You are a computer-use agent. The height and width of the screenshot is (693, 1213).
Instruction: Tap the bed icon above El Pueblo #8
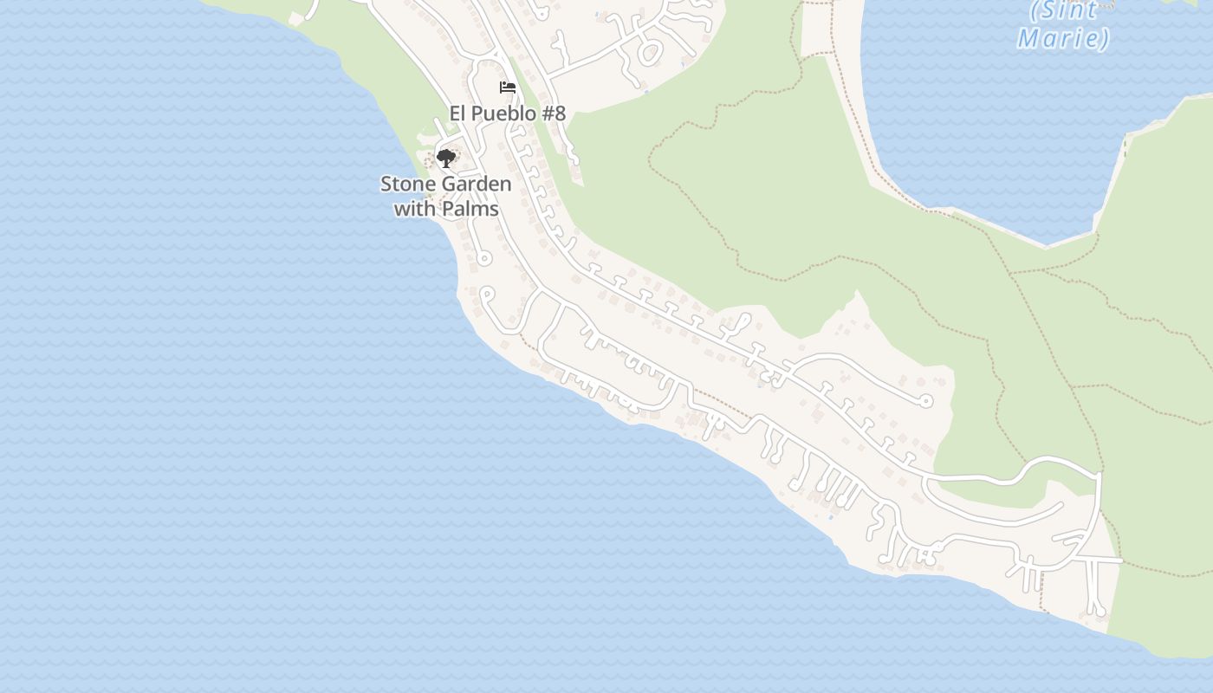click(x=508, y=87)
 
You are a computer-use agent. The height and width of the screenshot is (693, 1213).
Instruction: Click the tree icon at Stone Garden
click(x=445, y=158)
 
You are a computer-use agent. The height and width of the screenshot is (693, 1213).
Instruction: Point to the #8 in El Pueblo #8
click(x=553, y=113)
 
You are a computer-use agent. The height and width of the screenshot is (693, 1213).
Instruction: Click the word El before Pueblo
click(x=458, y=113)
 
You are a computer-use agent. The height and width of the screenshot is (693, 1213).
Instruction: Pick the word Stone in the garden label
click(x=408, y=185)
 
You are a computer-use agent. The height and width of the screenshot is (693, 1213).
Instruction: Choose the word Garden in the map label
click(x=477, y=185)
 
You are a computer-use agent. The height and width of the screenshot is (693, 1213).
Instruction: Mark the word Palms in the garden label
click(x=470, y=209)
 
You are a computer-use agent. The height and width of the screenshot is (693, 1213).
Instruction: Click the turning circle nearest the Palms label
click(x=484, y=258)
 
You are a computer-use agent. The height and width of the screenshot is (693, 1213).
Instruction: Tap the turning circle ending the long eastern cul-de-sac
click(x=925, y=400)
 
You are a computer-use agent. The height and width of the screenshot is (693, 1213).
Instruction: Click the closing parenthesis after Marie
click(x=1104, y=38)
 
